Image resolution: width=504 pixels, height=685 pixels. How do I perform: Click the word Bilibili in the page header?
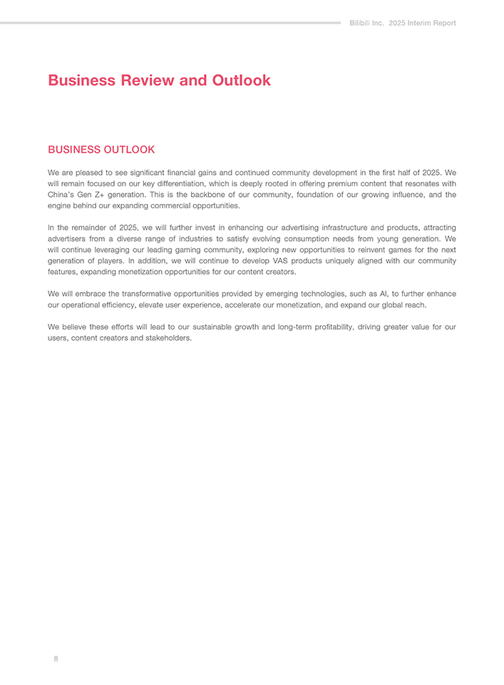pos(362,23)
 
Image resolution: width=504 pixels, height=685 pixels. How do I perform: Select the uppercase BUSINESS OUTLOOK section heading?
pos(101,150)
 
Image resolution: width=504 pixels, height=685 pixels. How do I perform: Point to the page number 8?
pos(56,659)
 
